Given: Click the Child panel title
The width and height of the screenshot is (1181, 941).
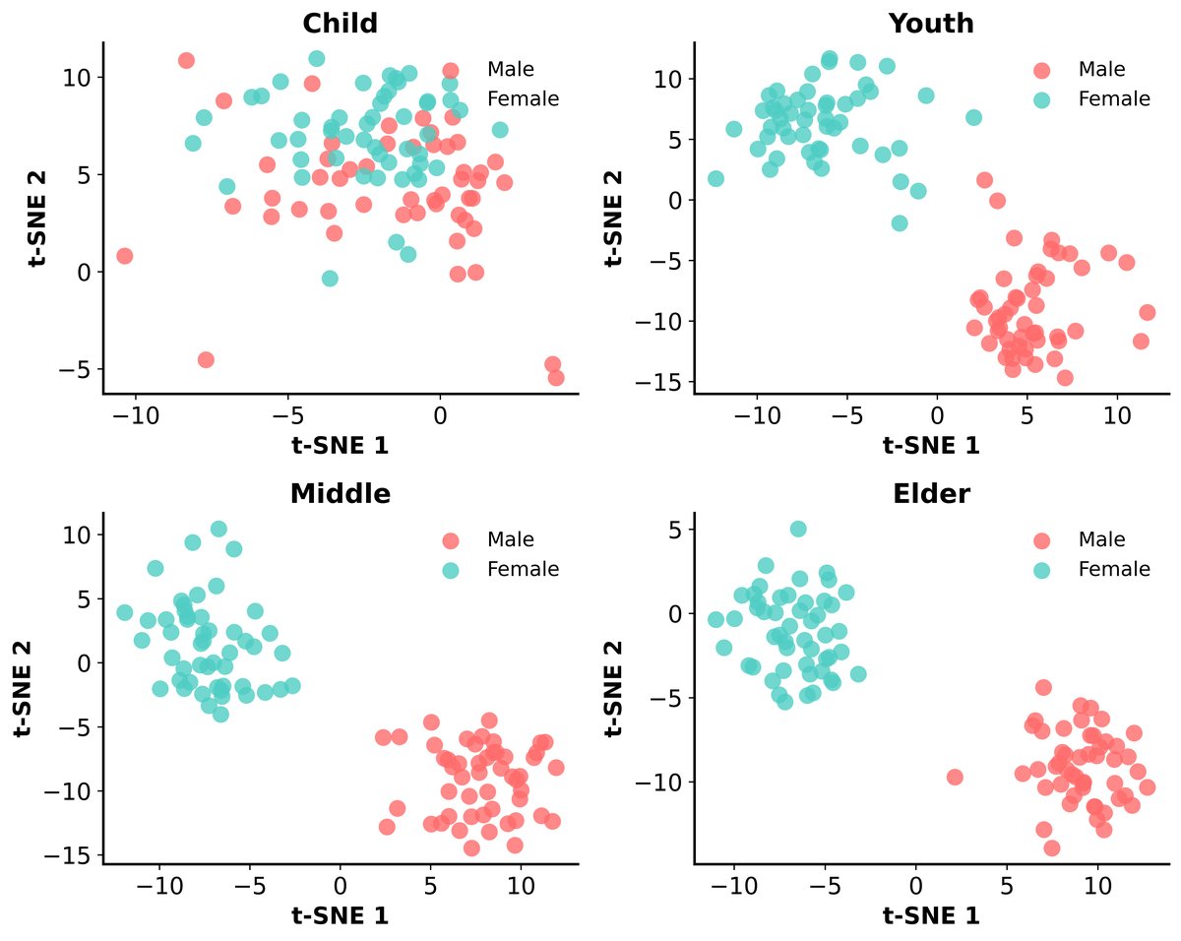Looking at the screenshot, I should tap(340, 24).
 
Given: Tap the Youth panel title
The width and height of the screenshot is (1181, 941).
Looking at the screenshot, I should tap(931, 24).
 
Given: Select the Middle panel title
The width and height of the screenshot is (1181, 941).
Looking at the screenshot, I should tap(340, 494).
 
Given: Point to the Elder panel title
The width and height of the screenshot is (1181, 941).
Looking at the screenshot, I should tap(931, 494).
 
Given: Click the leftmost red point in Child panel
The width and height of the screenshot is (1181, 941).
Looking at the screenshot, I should tap(124, 256).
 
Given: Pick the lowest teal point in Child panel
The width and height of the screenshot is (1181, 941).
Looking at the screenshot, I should tap(330, 279).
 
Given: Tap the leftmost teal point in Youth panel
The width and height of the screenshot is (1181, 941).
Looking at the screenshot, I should tap(715, 178).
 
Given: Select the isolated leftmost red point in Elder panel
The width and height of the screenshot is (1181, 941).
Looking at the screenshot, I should tap(954, 777).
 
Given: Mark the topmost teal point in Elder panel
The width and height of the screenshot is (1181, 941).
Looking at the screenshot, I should tap(798, 529).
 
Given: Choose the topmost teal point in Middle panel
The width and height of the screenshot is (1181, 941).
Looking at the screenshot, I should tap(218, 529).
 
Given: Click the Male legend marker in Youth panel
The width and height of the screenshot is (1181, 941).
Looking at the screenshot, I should tap(1041, 70).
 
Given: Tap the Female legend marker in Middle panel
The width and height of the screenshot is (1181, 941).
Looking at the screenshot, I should tap(451, 569).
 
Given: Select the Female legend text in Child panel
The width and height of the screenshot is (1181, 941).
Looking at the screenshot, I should tap(523, 99).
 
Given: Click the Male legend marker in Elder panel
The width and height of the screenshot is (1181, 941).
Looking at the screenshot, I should tap(1041, 540).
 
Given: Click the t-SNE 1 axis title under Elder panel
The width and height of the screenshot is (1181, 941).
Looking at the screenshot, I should tap(931, 915).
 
